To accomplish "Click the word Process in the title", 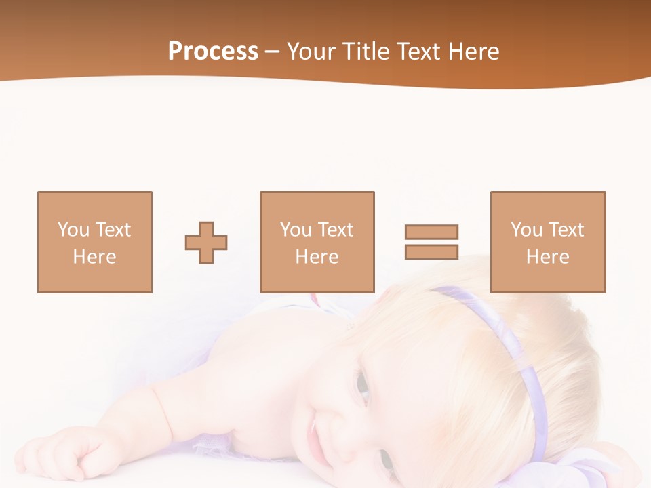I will (213, 52).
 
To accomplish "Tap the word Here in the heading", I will (472, 52).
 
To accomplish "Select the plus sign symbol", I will (206, 243).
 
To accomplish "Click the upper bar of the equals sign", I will (431, 232).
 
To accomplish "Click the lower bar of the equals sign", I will (431, 251).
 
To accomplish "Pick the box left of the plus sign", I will (95, 242).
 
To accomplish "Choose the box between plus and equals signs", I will (317, 242).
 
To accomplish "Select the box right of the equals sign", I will (548, 242).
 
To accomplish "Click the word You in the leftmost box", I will (73, 230).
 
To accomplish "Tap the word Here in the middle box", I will (317, 257).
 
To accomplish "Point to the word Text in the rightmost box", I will (566, 230).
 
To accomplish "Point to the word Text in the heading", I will (418, 52).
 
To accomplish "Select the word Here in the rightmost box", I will (548, 257).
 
